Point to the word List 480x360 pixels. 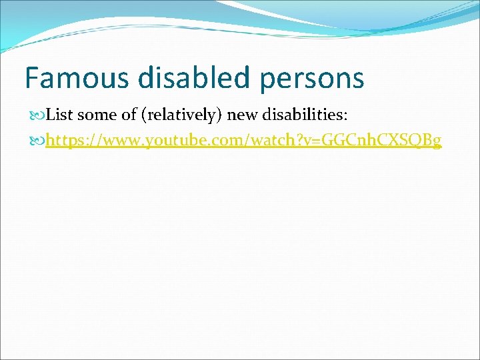60,115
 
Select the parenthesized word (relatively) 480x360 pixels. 180,116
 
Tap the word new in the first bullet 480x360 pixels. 243,115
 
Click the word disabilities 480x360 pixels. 306,115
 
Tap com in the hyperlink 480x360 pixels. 212,141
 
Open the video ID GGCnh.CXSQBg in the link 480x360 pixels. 377,141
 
